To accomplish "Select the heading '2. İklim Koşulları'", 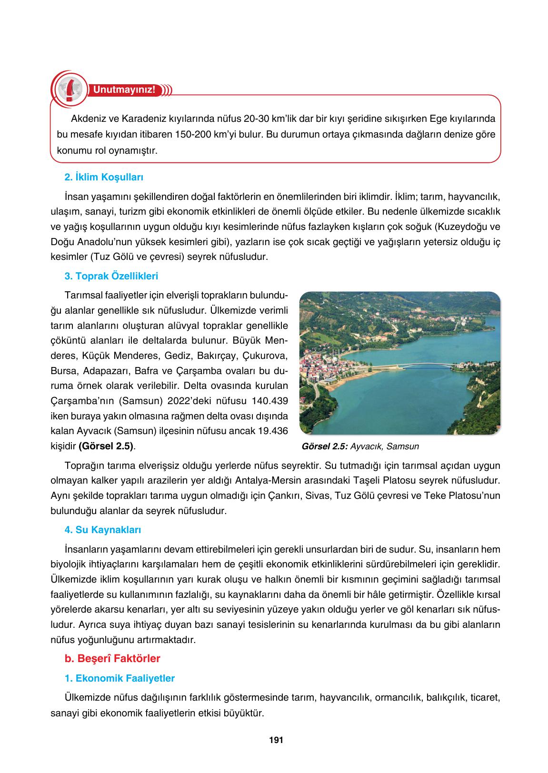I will click(x=104, y=178).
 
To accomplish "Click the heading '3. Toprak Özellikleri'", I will click(x=111, y=276).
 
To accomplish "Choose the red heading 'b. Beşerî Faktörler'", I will click(x=112, y=659).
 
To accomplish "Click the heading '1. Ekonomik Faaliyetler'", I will click(x=119, y=678).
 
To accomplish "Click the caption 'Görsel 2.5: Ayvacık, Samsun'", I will click(x=360, y=446).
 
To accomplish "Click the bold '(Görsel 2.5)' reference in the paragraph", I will click(x=107, y=446).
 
